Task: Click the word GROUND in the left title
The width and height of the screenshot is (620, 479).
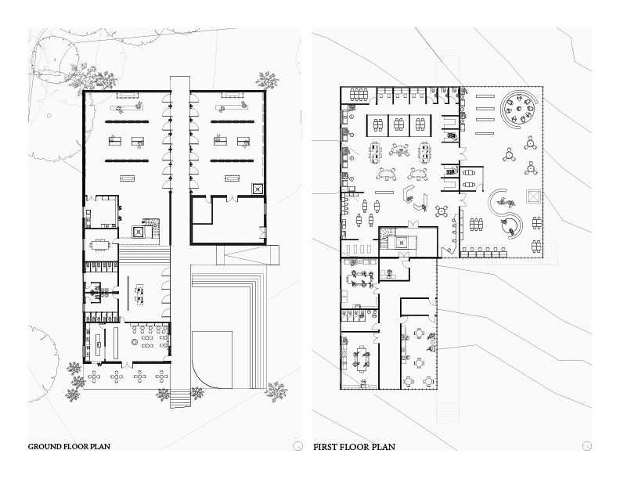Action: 47,447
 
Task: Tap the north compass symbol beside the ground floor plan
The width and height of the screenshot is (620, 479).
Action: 295,446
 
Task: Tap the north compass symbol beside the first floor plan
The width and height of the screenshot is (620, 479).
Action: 585,446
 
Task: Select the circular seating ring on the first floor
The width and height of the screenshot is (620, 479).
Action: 520,110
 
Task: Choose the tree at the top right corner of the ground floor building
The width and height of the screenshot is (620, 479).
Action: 267,80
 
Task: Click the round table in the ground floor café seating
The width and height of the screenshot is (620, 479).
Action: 134,343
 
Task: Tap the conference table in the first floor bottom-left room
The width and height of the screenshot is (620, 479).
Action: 362,358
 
